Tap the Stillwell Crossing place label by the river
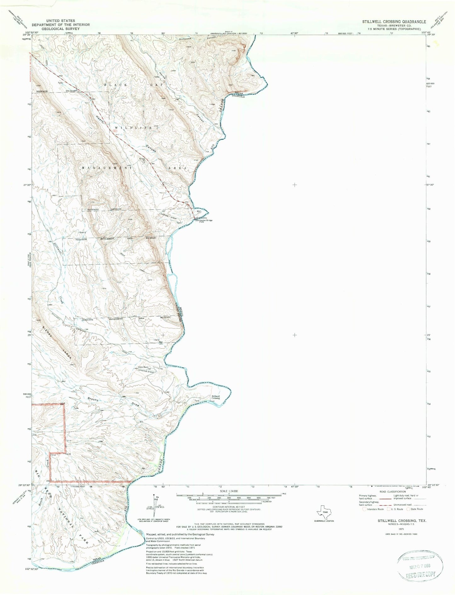pos(216,397)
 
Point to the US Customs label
pos(200,218)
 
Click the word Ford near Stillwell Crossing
pos(212,401)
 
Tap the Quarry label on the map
pos(83,232)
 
